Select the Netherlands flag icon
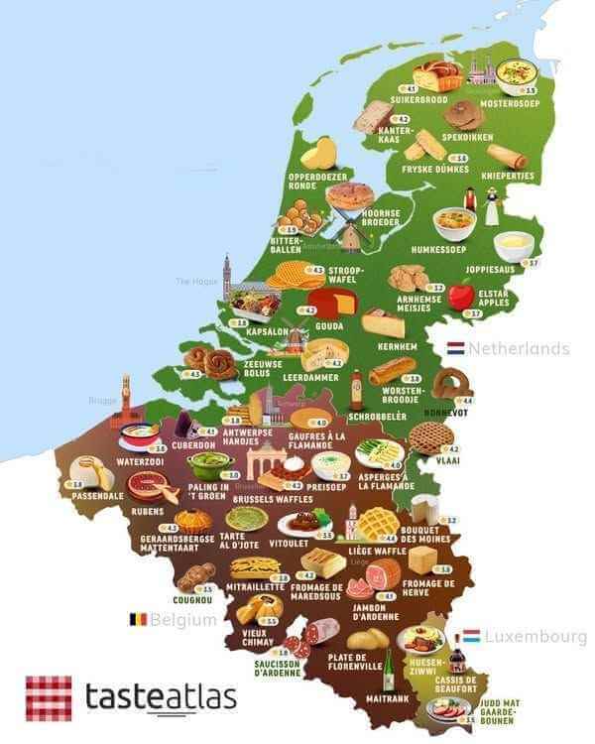coord(455,348)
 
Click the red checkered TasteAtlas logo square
coord(48,697)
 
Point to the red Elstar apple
coord(460,296)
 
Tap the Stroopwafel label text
coord(346,274)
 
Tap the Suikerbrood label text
coord(421,99)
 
